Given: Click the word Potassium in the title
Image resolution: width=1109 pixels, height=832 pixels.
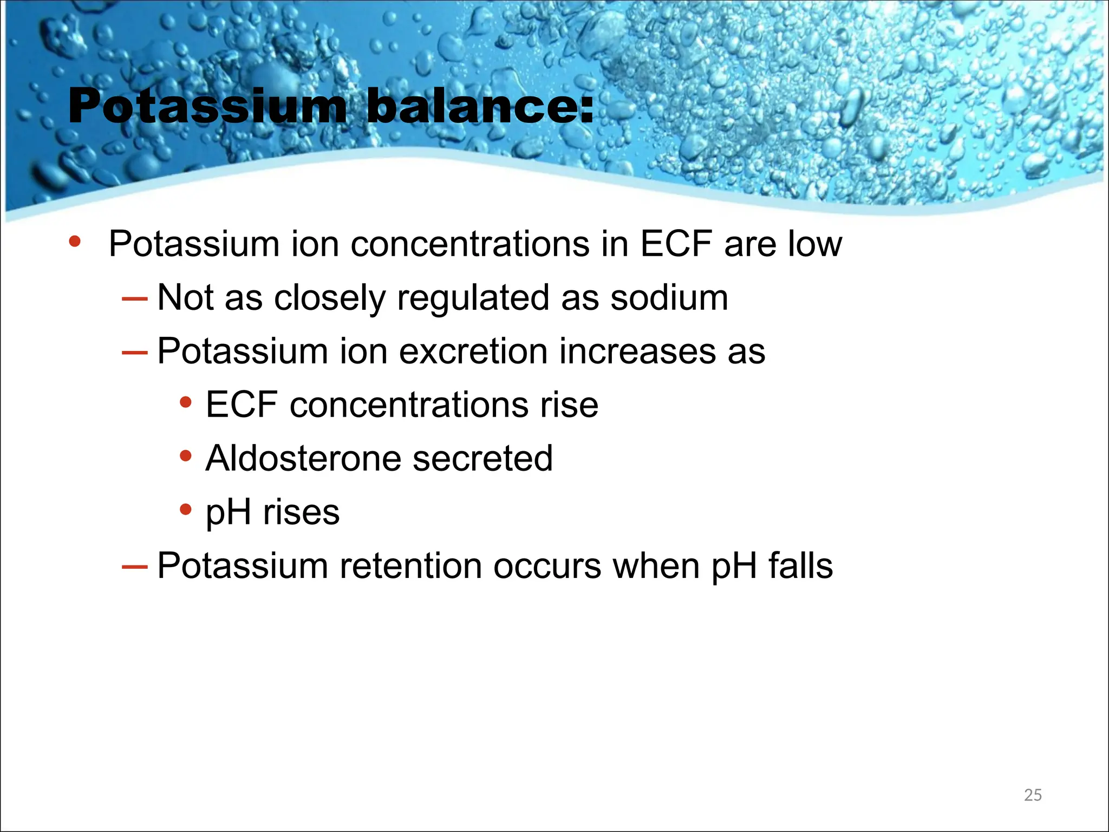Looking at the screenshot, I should click(x=207, y=107).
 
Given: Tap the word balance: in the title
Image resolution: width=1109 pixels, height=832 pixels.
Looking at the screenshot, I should click(x=480, y=107).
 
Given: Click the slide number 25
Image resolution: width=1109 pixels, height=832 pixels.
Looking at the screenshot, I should click(x=1033, y=795).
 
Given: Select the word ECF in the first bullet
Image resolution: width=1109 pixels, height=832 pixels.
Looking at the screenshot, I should click(x=676, y=244).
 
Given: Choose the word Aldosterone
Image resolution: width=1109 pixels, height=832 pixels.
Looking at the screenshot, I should click(x=303, y=458).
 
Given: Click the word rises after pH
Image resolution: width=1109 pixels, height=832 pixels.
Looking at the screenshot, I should click(x=301, y=512).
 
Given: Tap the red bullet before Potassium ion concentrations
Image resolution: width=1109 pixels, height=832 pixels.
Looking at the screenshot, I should click(x=75, y=242).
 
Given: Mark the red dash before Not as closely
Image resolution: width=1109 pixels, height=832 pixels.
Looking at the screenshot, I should click(x=135, y=298).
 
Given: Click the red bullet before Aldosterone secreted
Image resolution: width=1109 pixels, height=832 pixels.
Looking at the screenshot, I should click(x=186, y=456).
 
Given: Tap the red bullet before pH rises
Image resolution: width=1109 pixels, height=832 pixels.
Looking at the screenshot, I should click(x=186, y=510).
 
